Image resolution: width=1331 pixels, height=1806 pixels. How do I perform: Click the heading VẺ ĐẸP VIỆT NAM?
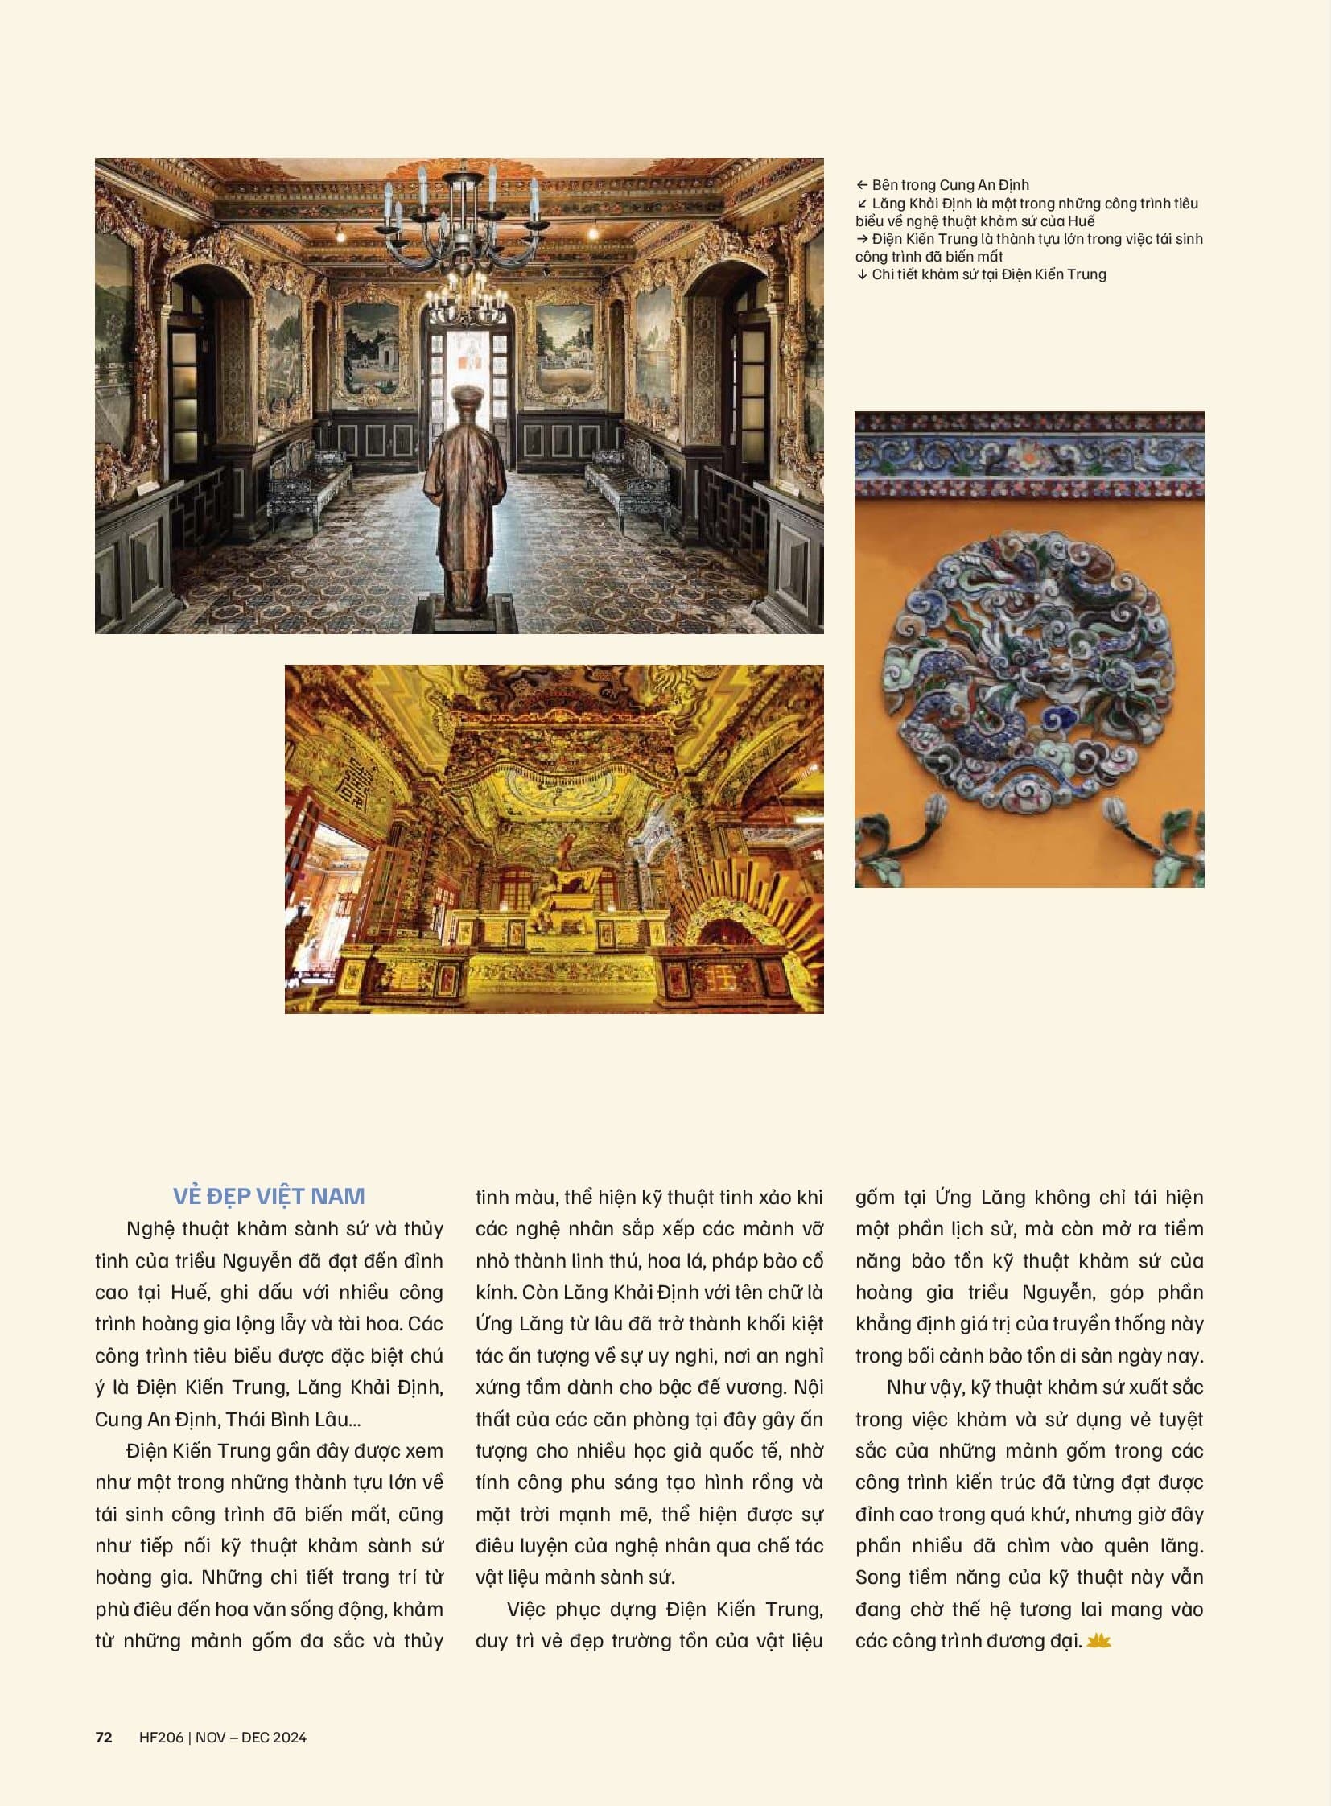coord(269,1195)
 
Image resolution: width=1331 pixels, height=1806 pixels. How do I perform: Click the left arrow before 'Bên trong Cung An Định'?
coord(862,185)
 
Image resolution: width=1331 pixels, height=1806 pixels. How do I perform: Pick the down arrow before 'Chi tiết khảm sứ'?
coord(862,274)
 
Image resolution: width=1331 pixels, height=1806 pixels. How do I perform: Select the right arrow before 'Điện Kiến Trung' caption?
coord(862,238)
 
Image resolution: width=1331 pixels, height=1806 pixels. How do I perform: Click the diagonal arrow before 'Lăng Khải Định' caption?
coord(862,204)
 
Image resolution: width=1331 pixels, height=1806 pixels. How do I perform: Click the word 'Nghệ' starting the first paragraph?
coord(150,1228)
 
